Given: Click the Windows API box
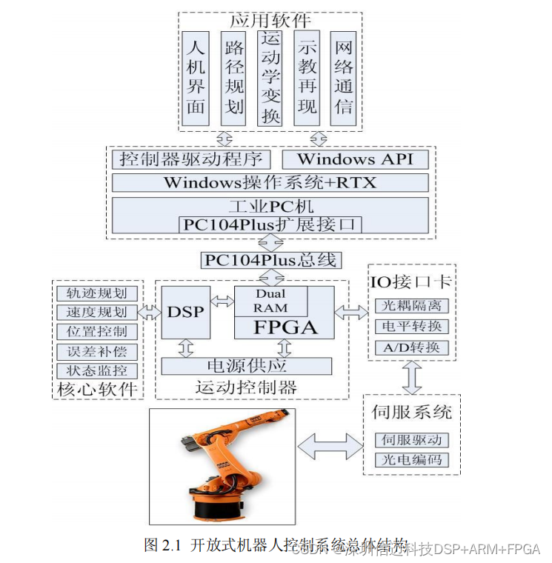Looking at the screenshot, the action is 356,159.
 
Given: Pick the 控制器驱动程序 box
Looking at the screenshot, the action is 191,159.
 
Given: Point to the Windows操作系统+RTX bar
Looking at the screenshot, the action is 270,182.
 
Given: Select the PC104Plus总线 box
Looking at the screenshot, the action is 270,260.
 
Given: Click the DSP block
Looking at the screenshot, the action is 184,313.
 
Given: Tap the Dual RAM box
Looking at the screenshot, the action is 270,301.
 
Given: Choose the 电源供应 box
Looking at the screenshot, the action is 247,365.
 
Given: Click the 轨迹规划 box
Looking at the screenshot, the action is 96,293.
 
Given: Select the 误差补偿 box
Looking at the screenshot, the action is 96,351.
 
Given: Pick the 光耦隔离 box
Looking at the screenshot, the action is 411,306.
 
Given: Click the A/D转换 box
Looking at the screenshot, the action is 411,347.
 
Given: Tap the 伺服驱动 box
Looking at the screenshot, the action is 411,440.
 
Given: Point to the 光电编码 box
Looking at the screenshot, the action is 411,460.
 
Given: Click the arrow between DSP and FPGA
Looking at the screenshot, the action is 221,302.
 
